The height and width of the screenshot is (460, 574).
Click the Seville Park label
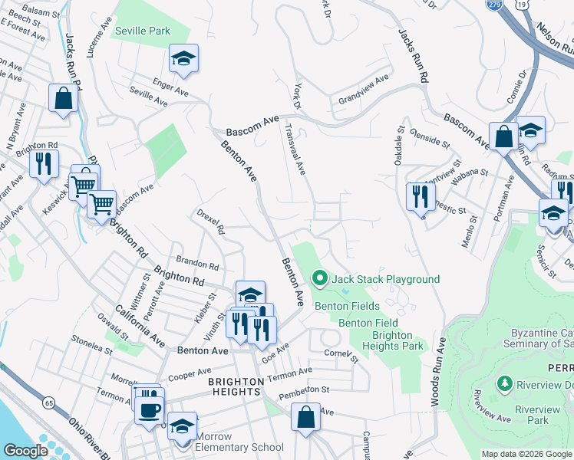click(x=142, y=31)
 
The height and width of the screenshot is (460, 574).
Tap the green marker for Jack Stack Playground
click(x=320, y=278)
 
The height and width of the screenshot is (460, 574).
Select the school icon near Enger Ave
click(x=183, y=59)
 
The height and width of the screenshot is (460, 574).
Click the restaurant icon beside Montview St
click(x=419, y=196)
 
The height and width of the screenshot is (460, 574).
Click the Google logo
click(x=25, y=451)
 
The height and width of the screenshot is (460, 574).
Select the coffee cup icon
click(x=148, y=409)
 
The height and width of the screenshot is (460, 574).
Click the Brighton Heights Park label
click(x=398, y=341)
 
